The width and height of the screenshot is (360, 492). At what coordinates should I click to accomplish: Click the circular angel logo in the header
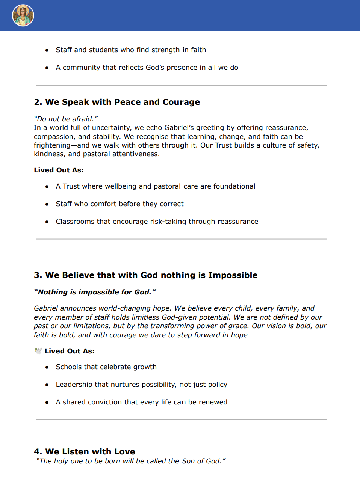[23, 15]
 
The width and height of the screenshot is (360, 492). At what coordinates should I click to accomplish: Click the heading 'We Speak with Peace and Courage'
[123, 102]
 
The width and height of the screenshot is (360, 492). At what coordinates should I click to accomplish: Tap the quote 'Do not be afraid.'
[66, 119]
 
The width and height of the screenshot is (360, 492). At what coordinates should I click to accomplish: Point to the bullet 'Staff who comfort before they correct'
[119, 204]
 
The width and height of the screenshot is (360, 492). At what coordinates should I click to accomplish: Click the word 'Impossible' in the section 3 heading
[233, 275]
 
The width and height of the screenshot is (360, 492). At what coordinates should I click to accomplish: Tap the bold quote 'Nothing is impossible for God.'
[95, 292]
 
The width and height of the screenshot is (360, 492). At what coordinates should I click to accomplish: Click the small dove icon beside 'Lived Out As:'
[38, 351]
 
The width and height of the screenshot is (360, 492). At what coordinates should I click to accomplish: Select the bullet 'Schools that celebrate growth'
[106, 367]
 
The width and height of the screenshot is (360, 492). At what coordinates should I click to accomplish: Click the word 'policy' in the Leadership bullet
[217, 385]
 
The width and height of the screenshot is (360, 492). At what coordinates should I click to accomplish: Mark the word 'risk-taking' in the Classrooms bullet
[168, 222]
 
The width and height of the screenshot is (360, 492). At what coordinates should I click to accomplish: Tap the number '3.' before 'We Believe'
[38, 275]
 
